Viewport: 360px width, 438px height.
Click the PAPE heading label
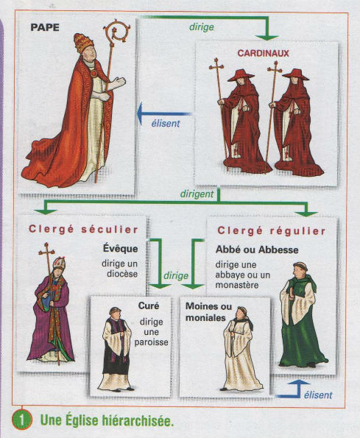click(45, 27)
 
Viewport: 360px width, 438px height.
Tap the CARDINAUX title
click(263, 53)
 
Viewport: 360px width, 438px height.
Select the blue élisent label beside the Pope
click(166, 123)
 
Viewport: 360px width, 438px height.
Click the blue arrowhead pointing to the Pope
click(140, 113)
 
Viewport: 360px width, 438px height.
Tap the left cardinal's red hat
click(241, 75)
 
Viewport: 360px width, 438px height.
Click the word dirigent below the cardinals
click(197, 194)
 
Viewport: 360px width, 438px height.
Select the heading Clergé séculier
click(83, 230)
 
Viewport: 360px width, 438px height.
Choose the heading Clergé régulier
click(272, 231)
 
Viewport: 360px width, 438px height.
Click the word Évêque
click(121, 248)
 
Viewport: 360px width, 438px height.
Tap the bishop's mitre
click(59, 263)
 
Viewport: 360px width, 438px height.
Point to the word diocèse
click(122, 274)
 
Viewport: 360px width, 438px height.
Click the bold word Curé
click(149, 305)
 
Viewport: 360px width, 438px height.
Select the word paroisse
click(152, 342)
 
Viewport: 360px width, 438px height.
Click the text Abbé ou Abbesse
click(257, 250)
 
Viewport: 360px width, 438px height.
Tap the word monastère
click(237, 285)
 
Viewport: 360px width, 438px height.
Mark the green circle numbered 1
click(22, 420)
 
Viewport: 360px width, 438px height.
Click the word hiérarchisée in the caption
click(137, 420)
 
